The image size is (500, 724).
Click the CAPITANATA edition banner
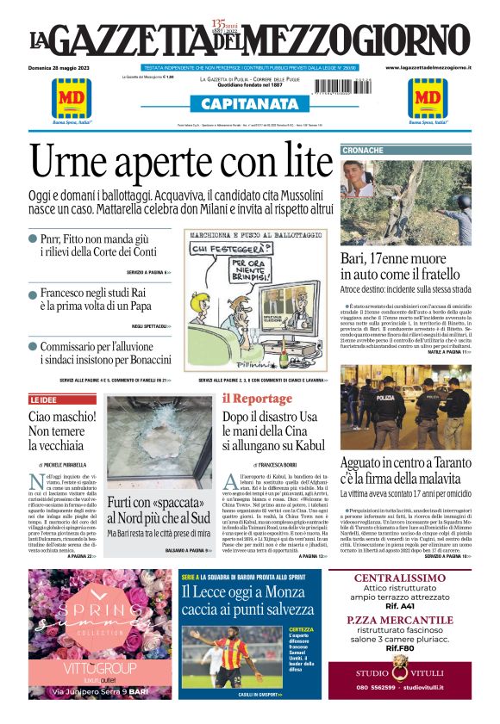click(249, 104)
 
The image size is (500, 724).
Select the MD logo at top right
click(427, 98)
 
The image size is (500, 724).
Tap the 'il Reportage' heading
click(257, 399)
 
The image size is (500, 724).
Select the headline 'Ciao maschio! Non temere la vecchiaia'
click(60, 431)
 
